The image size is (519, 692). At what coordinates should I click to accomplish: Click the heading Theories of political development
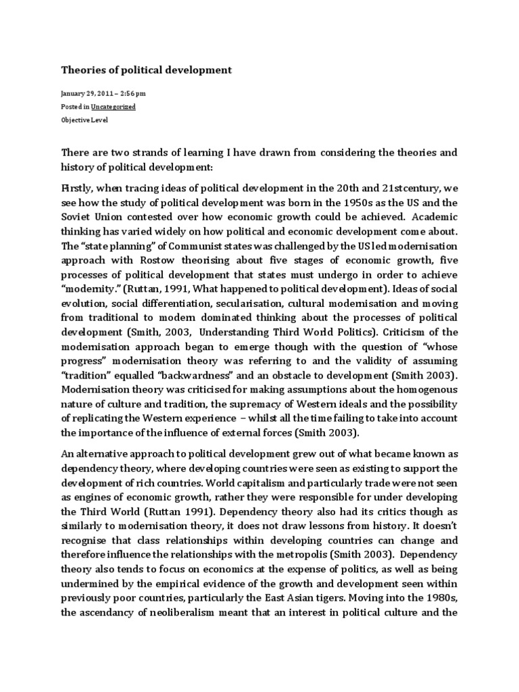coord(147,70)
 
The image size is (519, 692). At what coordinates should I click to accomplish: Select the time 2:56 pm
coord(134,94)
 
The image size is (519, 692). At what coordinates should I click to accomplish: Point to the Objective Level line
coord(84,120)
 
